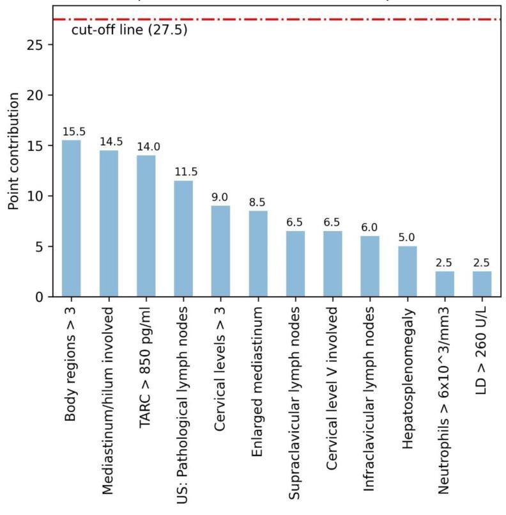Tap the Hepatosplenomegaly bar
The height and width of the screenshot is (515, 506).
pos(407,271)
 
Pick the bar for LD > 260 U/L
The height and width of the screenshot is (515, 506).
pos(482,284)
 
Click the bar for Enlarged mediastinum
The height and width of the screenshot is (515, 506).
pos(257,253)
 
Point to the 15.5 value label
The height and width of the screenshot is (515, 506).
pos(71,132)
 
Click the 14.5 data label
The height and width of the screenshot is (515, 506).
pos(109,142)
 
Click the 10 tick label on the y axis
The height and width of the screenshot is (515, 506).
pos(39,196)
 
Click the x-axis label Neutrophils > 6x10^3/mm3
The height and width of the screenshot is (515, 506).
pos(445,409)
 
